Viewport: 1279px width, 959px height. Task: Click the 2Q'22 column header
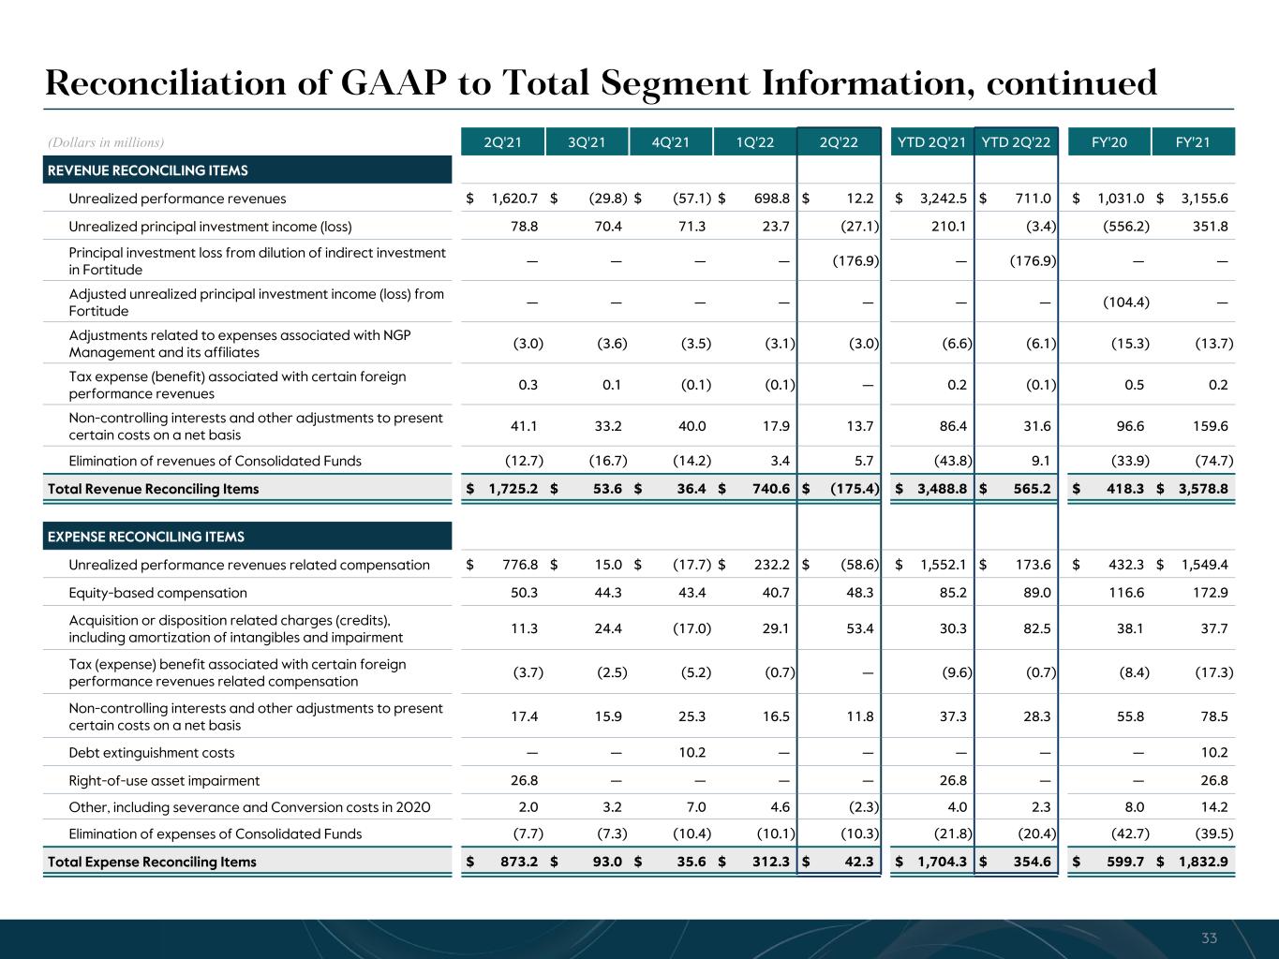pos(839,142)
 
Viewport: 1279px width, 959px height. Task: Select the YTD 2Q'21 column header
pos(931,142)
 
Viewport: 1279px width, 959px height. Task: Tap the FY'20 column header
pos(1108,142)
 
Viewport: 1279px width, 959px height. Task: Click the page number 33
pos(1209,938)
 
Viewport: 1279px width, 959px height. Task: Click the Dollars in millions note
pos(106,142)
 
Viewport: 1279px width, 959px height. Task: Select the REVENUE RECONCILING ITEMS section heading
pos(147,170)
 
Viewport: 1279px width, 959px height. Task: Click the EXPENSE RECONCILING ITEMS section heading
pos(145,537)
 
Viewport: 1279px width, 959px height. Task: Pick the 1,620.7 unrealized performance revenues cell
pos(514,199)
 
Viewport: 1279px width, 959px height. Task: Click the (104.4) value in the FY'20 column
pos(1125,302)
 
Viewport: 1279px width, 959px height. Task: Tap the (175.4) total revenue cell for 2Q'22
pos(855,489)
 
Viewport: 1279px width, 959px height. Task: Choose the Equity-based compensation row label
pos(158,593)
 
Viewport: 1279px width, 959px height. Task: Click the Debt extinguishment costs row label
pos(152,753)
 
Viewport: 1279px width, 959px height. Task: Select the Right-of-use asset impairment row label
pos(164,781)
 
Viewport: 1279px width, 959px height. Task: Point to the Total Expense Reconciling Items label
pos(152,862)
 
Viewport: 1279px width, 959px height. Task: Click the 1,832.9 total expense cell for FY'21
pos(1203,862)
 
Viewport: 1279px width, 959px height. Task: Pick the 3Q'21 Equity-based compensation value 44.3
pos(608,593)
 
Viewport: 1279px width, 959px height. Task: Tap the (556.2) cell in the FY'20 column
pos(1125,227)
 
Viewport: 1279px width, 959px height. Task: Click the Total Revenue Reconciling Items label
pos(154,489)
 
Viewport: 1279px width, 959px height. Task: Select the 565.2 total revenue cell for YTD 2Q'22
pos(1032,489)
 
